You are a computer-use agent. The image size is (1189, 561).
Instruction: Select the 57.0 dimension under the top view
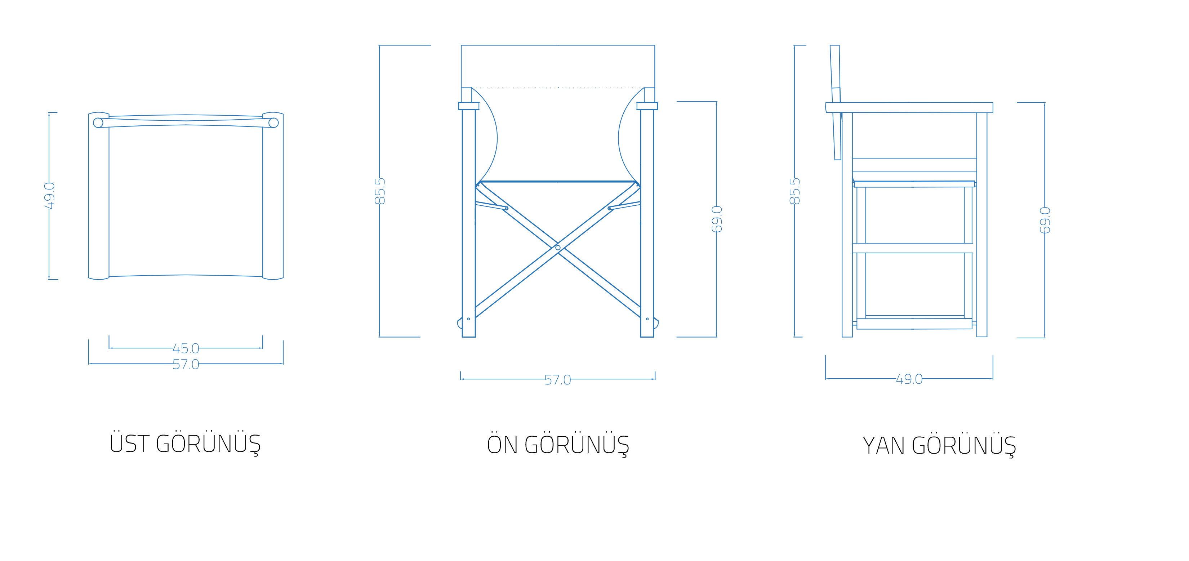[186, 364]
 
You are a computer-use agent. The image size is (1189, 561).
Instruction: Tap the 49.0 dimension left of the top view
[49, 196]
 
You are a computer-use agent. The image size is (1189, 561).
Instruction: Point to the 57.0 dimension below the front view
[558, 380]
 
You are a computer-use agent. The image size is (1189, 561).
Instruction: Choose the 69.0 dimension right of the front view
[717, 219]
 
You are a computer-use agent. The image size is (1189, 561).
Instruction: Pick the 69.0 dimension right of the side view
[1045, 220]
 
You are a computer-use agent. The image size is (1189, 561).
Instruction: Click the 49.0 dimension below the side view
[909, 379]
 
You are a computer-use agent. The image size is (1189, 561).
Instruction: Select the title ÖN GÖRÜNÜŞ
[558, 445]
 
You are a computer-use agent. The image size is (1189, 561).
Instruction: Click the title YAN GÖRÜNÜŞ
[939, 445]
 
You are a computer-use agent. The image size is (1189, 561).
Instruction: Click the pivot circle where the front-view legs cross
[558, 248]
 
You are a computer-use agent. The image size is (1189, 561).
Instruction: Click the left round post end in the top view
[98, 123]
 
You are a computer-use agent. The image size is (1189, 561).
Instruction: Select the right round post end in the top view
[274, 123]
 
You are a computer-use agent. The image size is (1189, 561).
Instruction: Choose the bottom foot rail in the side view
[914, 324]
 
